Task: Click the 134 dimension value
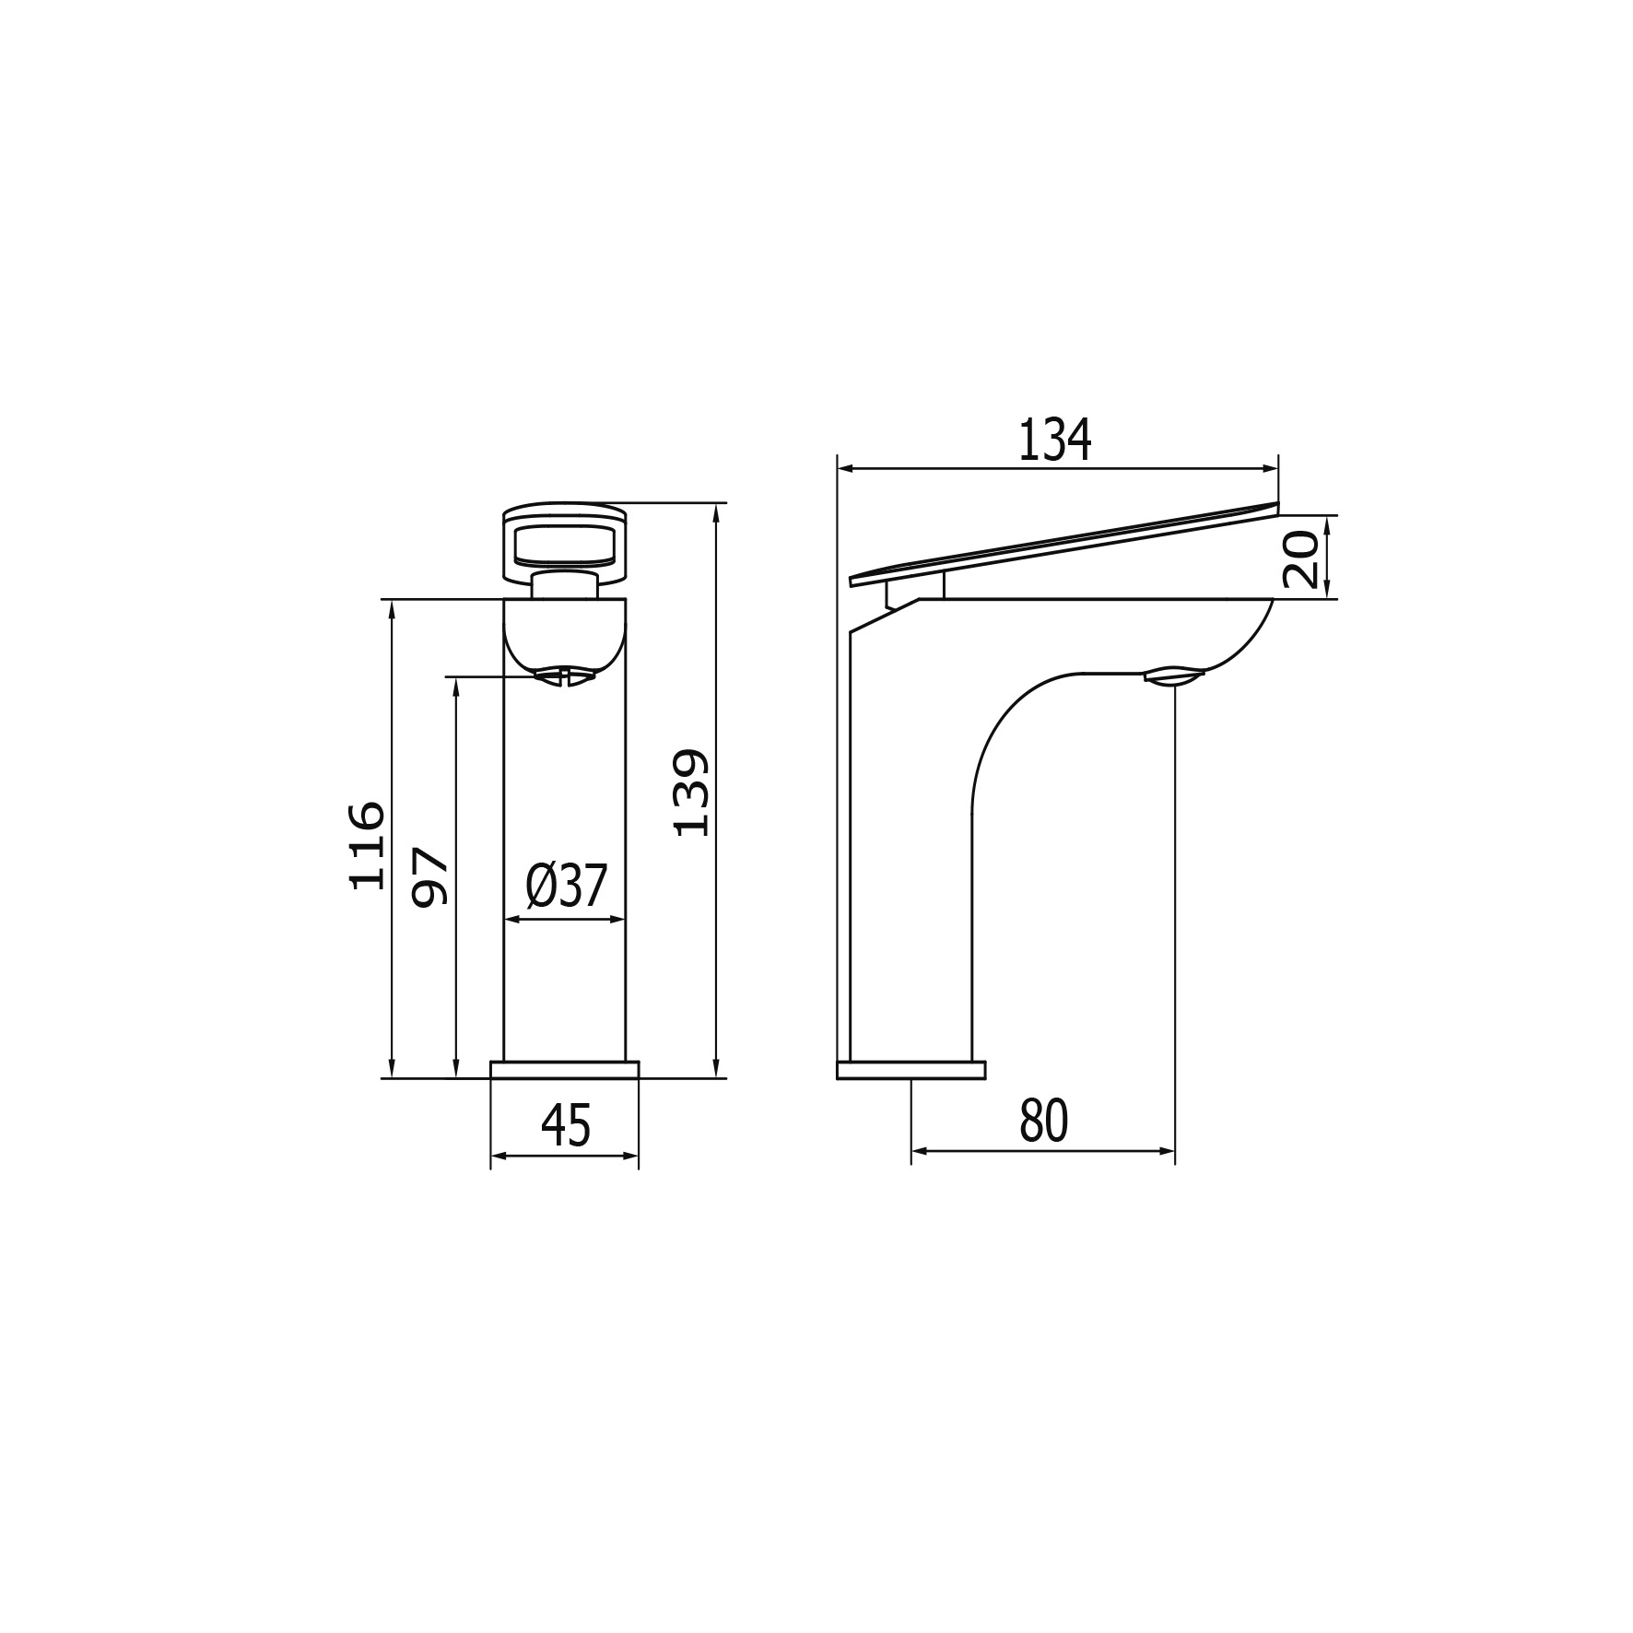1055,440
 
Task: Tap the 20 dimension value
1300,558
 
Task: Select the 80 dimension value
1044,1121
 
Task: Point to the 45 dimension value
566,1125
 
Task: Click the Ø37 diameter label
567,887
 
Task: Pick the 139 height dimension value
691,793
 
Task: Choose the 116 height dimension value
367,845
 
